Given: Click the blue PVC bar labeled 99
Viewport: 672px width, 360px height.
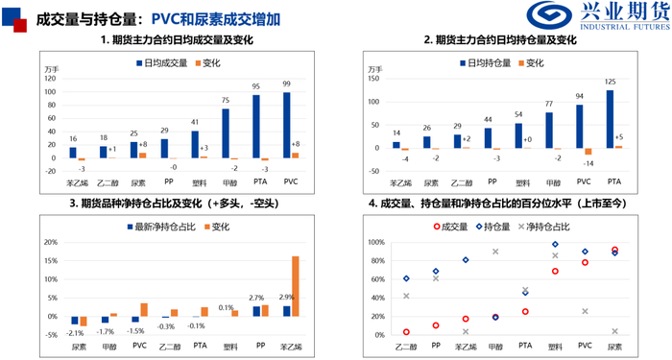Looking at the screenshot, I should coord(287,126).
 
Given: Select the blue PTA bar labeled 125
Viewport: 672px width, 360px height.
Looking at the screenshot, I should coord(611,121).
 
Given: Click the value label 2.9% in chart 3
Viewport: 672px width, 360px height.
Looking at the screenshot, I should coord(287,298).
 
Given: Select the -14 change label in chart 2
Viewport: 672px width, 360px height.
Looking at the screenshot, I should coord(588,164).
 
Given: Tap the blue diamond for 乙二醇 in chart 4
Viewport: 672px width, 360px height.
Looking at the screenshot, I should coord(407,278).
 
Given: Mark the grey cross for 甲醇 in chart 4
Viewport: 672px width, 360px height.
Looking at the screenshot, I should coord(495,252).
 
